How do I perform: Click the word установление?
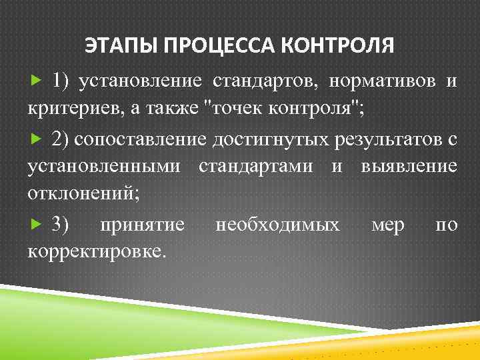(140, 81)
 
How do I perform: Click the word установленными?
(103, 167)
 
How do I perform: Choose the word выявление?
(409, 167)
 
